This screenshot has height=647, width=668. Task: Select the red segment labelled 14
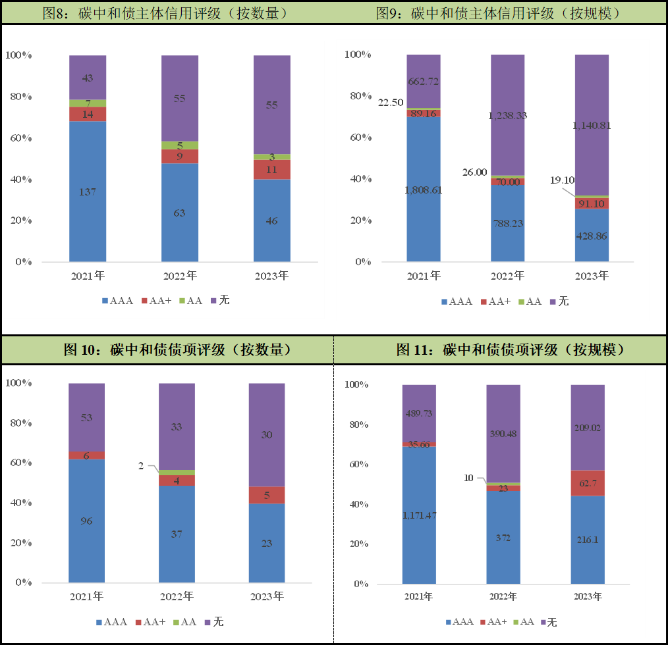(x=88, y=114)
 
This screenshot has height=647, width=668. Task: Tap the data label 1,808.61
(x=423, y=190)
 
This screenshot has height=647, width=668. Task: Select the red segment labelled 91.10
(x=592, y=203)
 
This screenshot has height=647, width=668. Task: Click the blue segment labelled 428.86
(x=592, y=235)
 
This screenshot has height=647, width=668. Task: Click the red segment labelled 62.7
(x=588, y=483)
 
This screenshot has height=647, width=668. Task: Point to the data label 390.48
(x=503, y=434)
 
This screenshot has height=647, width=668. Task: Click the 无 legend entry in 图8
(x=220, y=301)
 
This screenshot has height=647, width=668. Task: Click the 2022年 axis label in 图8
(x=180, y=276)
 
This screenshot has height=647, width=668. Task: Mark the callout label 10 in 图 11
(x=469, y=478)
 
